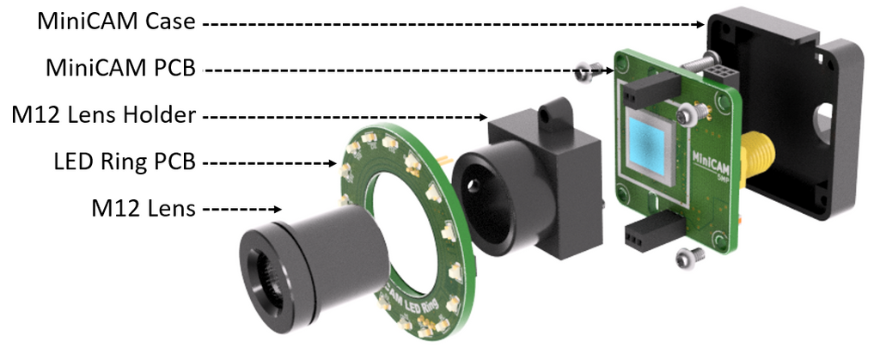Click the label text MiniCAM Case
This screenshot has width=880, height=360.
[x=116, y=22]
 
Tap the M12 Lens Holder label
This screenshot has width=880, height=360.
[x=101, y=113]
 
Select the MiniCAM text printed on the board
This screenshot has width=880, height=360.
[x=711, y=156]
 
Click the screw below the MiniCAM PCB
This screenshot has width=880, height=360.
[x=687, y=255]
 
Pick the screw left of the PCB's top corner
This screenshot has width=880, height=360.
[x=588, y=72]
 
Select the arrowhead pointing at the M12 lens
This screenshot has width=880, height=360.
[x=278, y=208]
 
